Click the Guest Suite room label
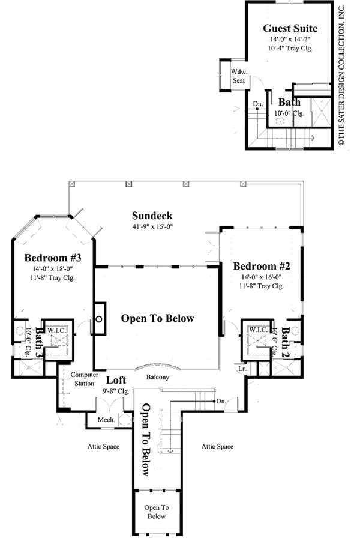290,28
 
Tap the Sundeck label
152,216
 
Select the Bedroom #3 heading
53,258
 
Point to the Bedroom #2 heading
262,266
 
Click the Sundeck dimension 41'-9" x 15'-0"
152,227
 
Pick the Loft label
116,380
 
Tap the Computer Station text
85,379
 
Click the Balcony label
158,377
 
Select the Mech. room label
106,420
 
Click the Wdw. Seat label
239,76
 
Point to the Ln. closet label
243,369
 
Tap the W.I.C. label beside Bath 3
56,330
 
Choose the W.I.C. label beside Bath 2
258,330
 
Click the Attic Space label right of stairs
217,447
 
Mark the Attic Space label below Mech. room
103,447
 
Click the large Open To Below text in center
157,318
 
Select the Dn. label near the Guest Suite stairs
258,103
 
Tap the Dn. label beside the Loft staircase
221,401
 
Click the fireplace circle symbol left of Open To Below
98,319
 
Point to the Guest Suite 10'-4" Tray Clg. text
290,48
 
